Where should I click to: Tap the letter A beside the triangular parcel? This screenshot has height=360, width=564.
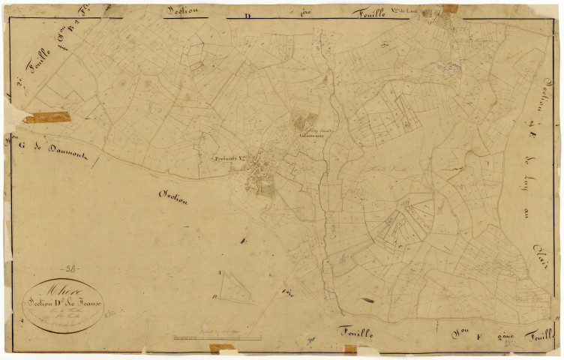pos(220,273)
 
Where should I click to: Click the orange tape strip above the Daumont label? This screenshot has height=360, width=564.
pos(47,118)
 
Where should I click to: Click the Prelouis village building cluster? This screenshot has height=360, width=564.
pos(259,180)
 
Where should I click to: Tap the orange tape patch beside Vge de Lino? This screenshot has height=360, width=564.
pos(449,8)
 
